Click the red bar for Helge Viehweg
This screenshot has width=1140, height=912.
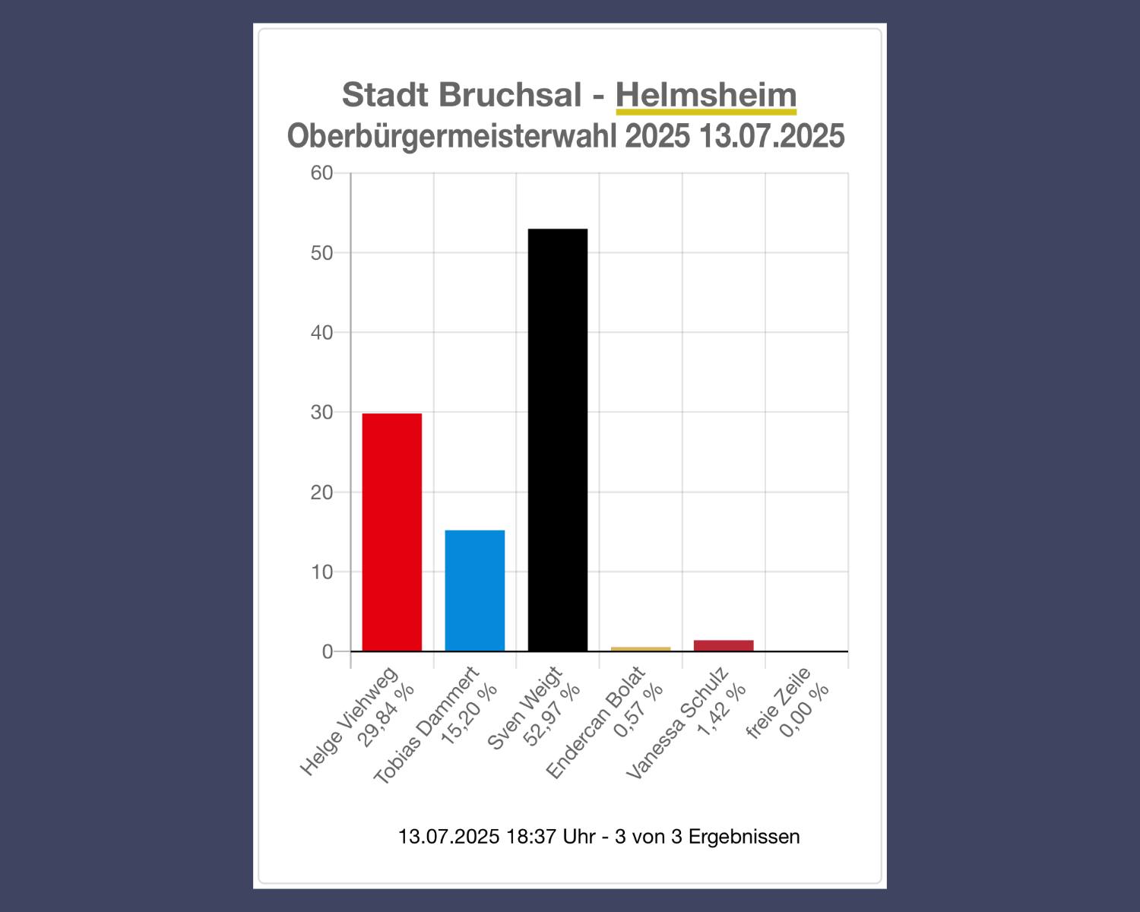click(x=391, y=532)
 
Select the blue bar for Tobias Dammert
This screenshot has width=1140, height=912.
click(x=474, y=591)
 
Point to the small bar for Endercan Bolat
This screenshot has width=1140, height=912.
click(x=640, y=649)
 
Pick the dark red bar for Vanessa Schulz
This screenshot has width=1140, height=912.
click(x=723, y=645)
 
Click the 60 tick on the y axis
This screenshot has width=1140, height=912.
click(x=322, y=173)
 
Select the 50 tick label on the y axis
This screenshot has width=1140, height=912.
click(x=322, y=253)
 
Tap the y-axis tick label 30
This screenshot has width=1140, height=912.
click(x=322, y=413)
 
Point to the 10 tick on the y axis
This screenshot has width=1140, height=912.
click(x=322, y=572)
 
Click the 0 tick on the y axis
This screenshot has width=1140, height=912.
click(x=328, y=652)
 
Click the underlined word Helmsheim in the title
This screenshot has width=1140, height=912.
click(x=705, y=95)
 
